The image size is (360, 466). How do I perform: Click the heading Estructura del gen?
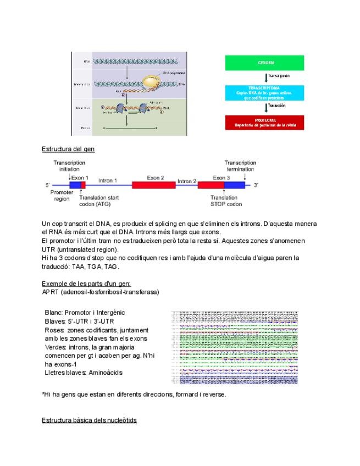pos(68,149)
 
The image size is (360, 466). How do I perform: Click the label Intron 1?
pos(108,180)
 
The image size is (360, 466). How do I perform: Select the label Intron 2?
pos(187,181)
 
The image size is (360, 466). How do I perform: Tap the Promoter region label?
pos(61,196)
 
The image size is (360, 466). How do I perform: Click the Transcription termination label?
pos(240,166)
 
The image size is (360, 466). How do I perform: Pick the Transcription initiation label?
pos(70,166)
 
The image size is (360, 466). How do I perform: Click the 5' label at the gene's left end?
pos(48,186)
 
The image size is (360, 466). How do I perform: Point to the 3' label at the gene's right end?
pos(255,186)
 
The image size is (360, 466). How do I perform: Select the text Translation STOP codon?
pos(226,201)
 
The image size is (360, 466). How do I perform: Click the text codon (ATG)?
pos(95,204)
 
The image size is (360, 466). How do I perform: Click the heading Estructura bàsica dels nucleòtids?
pos(89,420)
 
